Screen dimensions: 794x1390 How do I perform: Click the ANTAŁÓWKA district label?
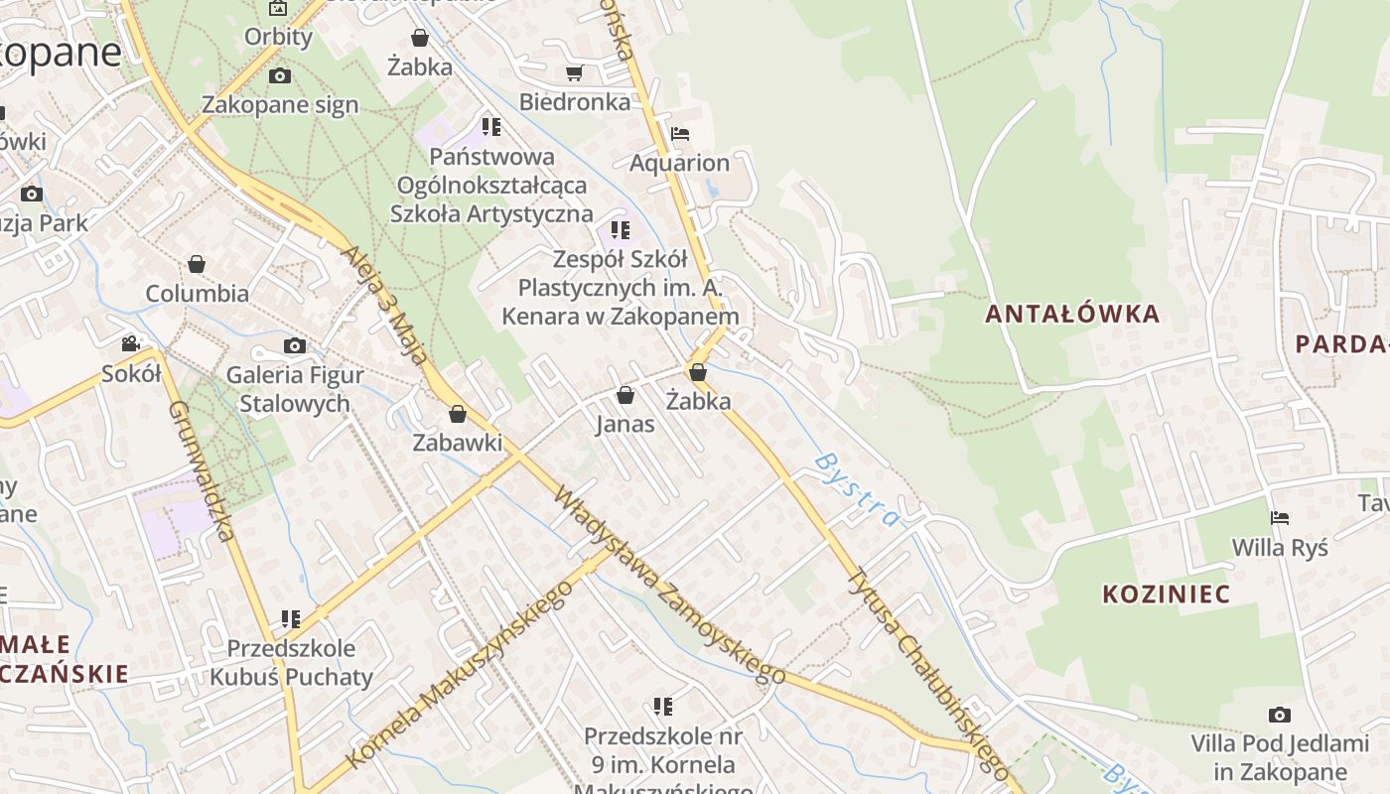coord(1072,315)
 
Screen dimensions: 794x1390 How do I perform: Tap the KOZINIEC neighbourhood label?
coord(1167,595)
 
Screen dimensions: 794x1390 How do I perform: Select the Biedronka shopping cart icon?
coord(574,72)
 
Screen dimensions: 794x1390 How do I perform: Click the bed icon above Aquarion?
coord(680,134)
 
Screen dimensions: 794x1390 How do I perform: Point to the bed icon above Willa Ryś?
coord(1280,518)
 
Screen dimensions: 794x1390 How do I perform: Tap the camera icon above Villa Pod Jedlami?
coord(1280,715)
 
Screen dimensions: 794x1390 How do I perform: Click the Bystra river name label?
coord(856,489)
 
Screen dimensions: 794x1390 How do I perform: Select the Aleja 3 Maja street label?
coord(390,308)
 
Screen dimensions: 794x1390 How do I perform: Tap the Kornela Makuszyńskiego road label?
coord(460,675)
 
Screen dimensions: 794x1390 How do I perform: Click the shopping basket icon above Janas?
coord(625,396)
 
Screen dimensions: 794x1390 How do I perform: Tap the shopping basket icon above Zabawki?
coord(458,414)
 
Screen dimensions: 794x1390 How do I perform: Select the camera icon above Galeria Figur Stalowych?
coord(295,346)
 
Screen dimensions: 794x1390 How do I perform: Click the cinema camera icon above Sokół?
coord(131,344)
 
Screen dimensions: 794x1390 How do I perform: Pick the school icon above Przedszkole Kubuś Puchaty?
coord(291,619)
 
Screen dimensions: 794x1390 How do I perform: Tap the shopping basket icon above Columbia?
coord(197,264)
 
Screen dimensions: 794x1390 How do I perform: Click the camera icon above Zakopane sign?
coord(280,75)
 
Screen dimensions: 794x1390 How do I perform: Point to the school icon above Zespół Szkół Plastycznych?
coord(621,231)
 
